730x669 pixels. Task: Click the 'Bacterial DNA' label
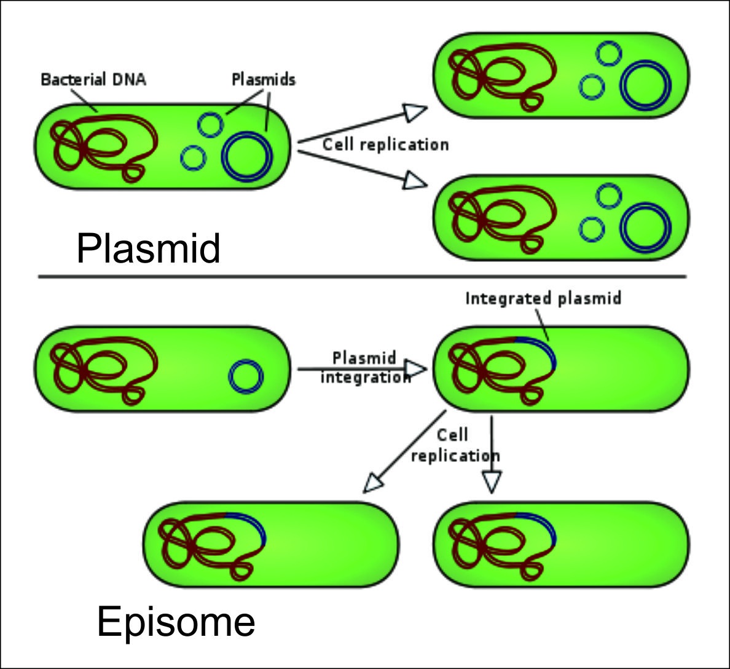(93, 79)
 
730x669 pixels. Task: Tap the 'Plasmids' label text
(263, 79)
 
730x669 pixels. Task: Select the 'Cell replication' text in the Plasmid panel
(385, 144)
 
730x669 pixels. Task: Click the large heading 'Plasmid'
(148, 249)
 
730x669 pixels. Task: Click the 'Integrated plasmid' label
(543, 298)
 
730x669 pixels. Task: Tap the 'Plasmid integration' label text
(365, 367)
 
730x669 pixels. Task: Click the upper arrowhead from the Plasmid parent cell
(415, 112)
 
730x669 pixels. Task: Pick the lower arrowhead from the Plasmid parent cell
(415, 180)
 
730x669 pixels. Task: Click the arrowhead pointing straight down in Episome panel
(491, 481)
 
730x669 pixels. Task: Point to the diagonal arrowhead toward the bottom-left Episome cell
(373, 483)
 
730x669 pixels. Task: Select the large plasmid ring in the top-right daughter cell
(645, 87)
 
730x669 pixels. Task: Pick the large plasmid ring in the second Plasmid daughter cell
(645, 228)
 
